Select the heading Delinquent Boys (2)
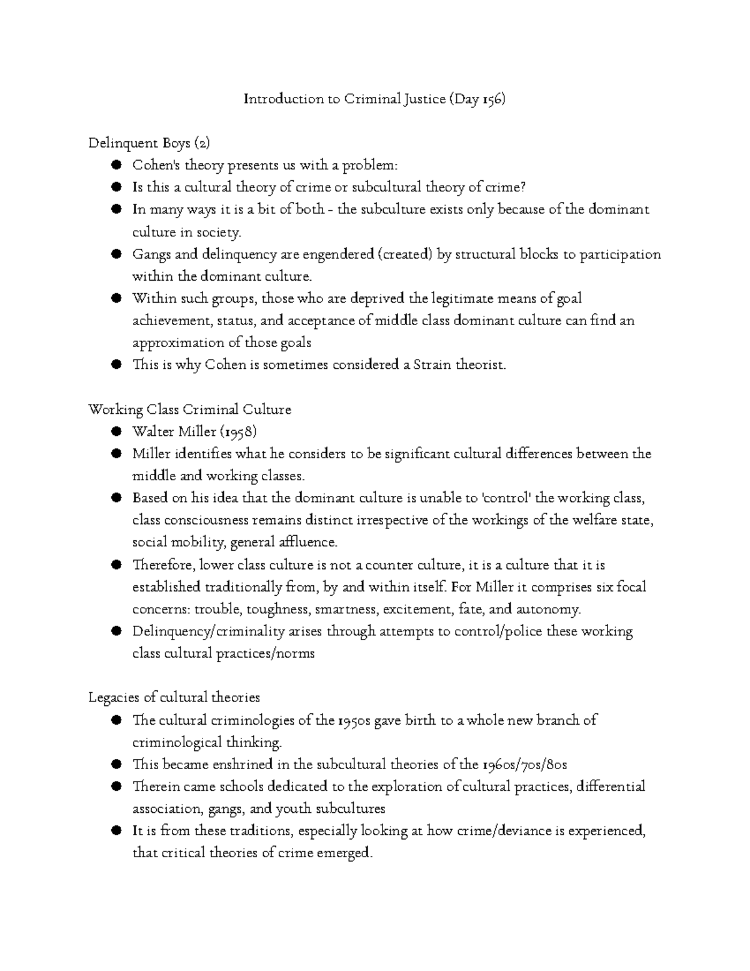[149, 144]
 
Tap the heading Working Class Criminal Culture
[190, 410]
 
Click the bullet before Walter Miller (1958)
[116, 431]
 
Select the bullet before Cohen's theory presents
[116, 166]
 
